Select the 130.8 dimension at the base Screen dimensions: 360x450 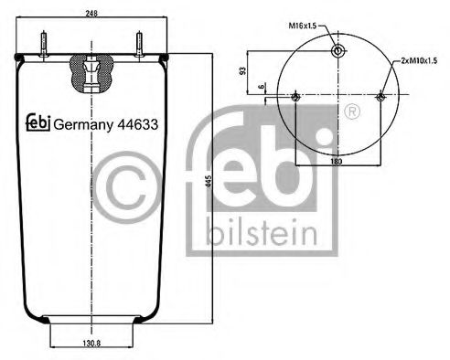tap(90, 344)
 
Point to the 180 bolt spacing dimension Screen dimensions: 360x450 tap(337, 161)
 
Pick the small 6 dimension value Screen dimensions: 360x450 tap(262, 88)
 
